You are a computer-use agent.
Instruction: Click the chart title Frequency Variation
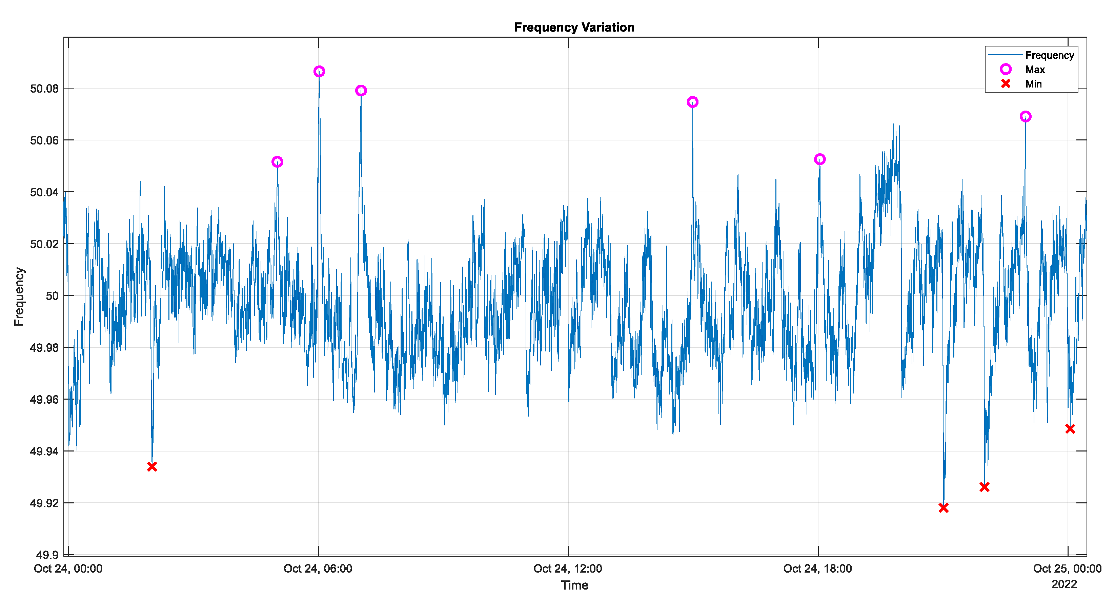[574, 27]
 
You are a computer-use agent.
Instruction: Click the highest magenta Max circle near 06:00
[319, 72]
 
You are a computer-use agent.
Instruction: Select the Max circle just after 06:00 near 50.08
[361, 91]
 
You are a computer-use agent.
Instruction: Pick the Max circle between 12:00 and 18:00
[692, 102]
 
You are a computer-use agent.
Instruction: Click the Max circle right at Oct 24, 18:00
[820, 159]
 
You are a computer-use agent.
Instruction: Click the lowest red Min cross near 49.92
[944, 508]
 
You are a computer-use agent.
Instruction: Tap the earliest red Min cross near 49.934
[152, 466]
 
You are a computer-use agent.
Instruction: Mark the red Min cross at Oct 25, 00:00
[1070, 429]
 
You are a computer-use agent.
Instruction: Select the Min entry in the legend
[1033, 84]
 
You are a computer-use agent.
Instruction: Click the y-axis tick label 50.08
[44, 89]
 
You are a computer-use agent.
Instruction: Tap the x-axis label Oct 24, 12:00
[567, 569]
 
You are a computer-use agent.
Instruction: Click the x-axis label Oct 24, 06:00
[318, 569]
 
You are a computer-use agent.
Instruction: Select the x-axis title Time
[574, 585]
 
